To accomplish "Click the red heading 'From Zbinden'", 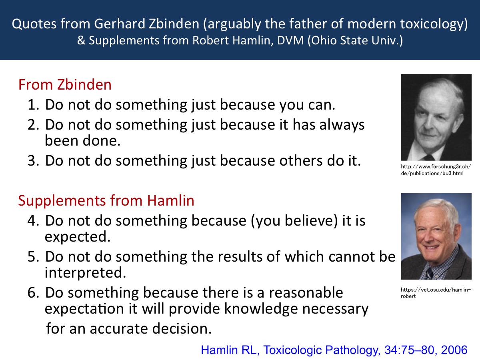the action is pos(65,84).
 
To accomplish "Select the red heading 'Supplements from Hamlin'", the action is pos(106,200).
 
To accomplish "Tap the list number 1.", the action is pos(33,105).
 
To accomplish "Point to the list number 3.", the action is pos(33,161).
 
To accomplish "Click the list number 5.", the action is pos(33,256).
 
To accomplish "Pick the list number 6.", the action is pos(33,293).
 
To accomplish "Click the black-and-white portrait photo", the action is pos(436,117).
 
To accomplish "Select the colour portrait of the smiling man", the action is pos(436,236).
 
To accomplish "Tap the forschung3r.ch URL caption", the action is pos(436,170).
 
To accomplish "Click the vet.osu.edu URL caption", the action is pos(436,293).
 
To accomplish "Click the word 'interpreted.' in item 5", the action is pos(86,273).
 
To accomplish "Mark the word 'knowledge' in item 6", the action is pos(261,309).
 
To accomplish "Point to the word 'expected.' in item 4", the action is pos(78,237).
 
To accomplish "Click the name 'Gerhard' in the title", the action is pos(120,24).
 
